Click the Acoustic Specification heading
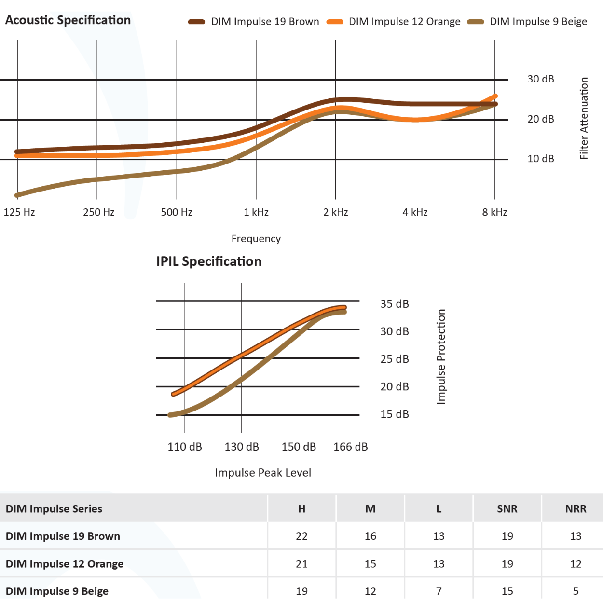point(68,20)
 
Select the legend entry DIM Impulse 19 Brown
point(265,22)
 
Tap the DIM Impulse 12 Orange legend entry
point(404,22)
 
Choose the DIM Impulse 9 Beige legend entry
point(538,22)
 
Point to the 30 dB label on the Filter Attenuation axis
point(540,79)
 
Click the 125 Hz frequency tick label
point(19,212)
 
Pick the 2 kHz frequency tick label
point(336,212)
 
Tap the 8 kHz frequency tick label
point(494,212)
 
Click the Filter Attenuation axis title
point(584,118)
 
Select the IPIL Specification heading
point(209,261)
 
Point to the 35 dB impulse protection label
point(394,304)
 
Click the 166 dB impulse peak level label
point(351,447)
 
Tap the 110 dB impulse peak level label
point(185,447)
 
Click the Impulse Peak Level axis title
point(263,473)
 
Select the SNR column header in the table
point(507,509)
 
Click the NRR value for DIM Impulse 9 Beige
point(576,591)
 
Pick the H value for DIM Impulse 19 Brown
point(301,536)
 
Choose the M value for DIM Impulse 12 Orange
point(370,563)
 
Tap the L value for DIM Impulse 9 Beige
point(439,591)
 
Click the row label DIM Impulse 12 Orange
point(65,563)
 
